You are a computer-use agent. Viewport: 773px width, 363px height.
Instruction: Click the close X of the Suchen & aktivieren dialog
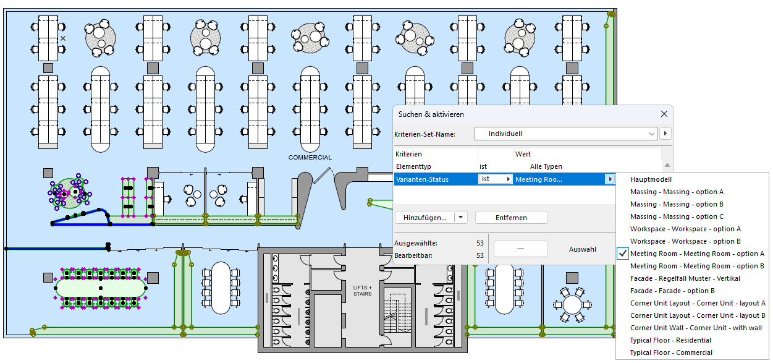point(664,114)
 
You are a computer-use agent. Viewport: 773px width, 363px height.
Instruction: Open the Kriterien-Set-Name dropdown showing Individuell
point(565,134)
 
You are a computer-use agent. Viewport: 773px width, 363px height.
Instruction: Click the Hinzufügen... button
point(425,218)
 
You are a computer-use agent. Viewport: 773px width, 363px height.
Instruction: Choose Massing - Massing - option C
point(677,216)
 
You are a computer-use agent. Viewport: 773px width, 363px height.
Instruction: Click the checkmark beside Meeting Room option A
point(623,254)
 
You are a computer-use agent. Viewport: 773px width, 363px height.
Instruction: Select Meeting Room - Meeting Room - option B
point(697,266)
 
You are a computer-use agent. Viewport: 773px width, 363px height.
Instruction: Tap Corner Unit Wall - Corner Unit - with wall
point(696,328)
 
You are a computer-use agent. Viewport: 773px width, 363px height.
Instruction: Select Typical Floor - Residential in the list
point(670,340)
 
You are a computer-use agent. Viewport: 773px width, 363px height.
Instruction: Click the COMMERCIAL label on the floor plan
point(310,158)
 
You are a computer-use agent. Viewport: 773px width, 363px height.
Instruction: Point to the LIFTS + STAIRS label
point(363,291)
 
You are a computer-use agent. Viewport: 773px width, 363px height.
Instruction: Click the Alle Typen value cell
point(546,167)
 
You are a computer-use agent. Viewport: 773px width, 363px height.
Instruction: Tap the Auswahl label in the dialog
point(582,249)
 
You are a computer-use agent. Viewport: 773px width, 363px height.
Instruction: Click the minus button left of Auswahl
point(520,249)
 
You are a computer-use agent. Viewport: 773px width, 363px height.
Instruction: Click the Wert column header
point(523,154)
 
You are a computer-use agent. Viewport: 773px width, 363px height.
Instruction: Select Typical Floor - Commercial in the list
point(671,352)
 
